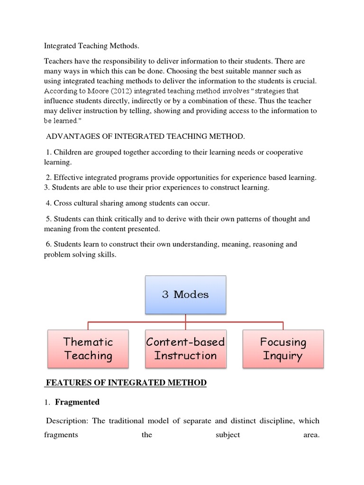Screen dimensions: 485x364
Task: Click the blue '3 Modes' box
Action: point(185,295)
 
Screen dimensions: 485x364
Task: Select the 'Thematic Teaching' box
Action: point(88,349)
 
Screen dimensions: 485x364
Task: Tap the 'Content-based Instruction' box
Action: point(185,349)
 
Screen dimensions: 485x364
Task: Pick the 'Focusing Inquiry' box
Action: point(283,349)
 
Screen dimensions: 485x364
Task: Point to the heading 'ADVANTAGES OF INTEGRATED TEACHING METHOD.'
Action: point(146,136)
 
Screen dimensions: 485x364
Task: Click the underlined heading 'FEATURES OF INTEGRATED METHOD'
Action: point(126,383)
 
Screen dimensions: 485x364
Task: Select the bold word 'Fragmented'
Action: point(77,402)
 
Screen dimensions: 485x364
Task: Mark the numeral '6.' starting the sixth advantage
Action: point(49,244)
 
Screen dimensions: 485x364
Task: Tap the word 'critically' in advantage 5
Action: point(140,219)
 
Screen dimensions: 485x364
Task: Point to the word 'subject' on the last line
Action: point(227,435)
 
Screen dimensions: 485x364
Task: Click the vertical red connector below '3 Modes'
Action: point(185,317)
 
